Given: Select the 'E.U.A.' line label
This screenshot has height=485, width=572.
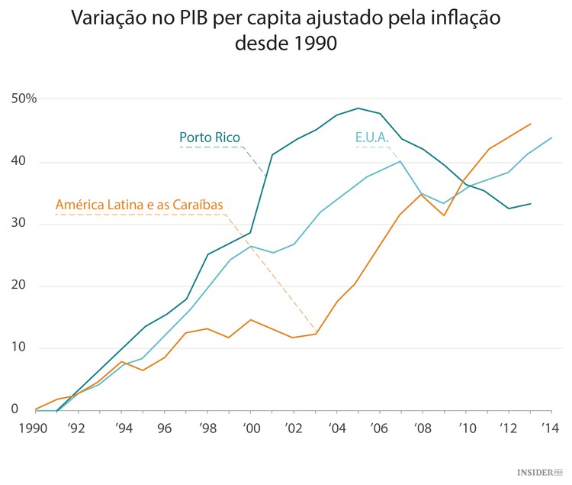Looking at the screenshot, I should tap(373, 137).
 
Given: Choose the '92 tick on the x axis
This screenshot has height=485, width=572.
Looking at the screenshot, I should tap(76, 429).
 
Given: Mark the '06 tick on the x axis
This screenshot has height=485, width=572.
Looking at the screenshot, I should tap(378, 429).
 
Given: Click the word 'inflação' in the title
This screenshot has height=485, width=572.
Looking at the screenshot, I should tap(458, 18).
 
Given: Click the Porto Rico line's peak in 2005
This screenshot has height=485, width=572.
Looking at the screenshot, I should tap(358, 108).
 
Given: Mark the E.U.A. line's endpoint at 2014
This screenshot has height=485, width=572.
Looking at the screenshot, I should tap(552, 138).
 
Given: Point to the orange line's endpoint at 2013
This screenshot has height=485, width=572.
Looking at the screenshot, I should tap(531, 124).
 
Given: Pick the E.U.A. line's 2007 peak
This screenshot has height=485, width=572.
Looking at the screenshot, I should tap(401, 161).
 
